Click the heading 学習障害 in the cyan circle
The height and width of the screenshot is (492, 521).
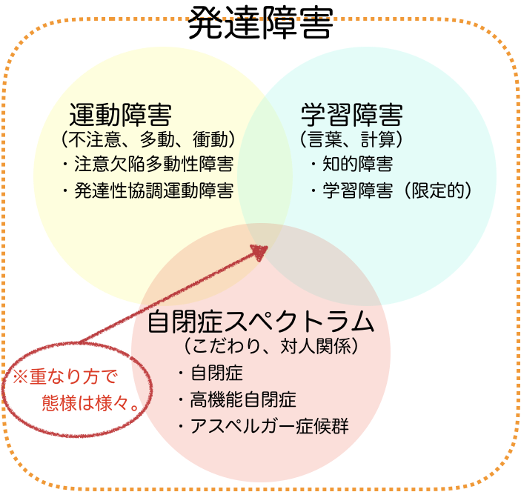pyautogui.click(x=352, y=115)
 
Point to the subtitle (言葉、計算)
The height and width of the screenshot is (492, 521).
pyautogui.click(x=351, y=139)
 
